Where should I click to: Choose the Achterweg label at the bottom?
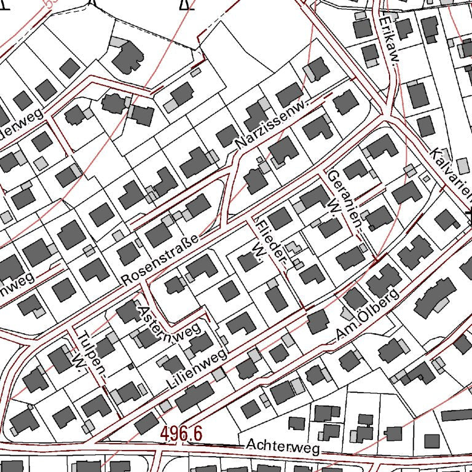(282, 446)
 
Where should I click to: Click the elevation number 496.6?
(181, 433)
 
